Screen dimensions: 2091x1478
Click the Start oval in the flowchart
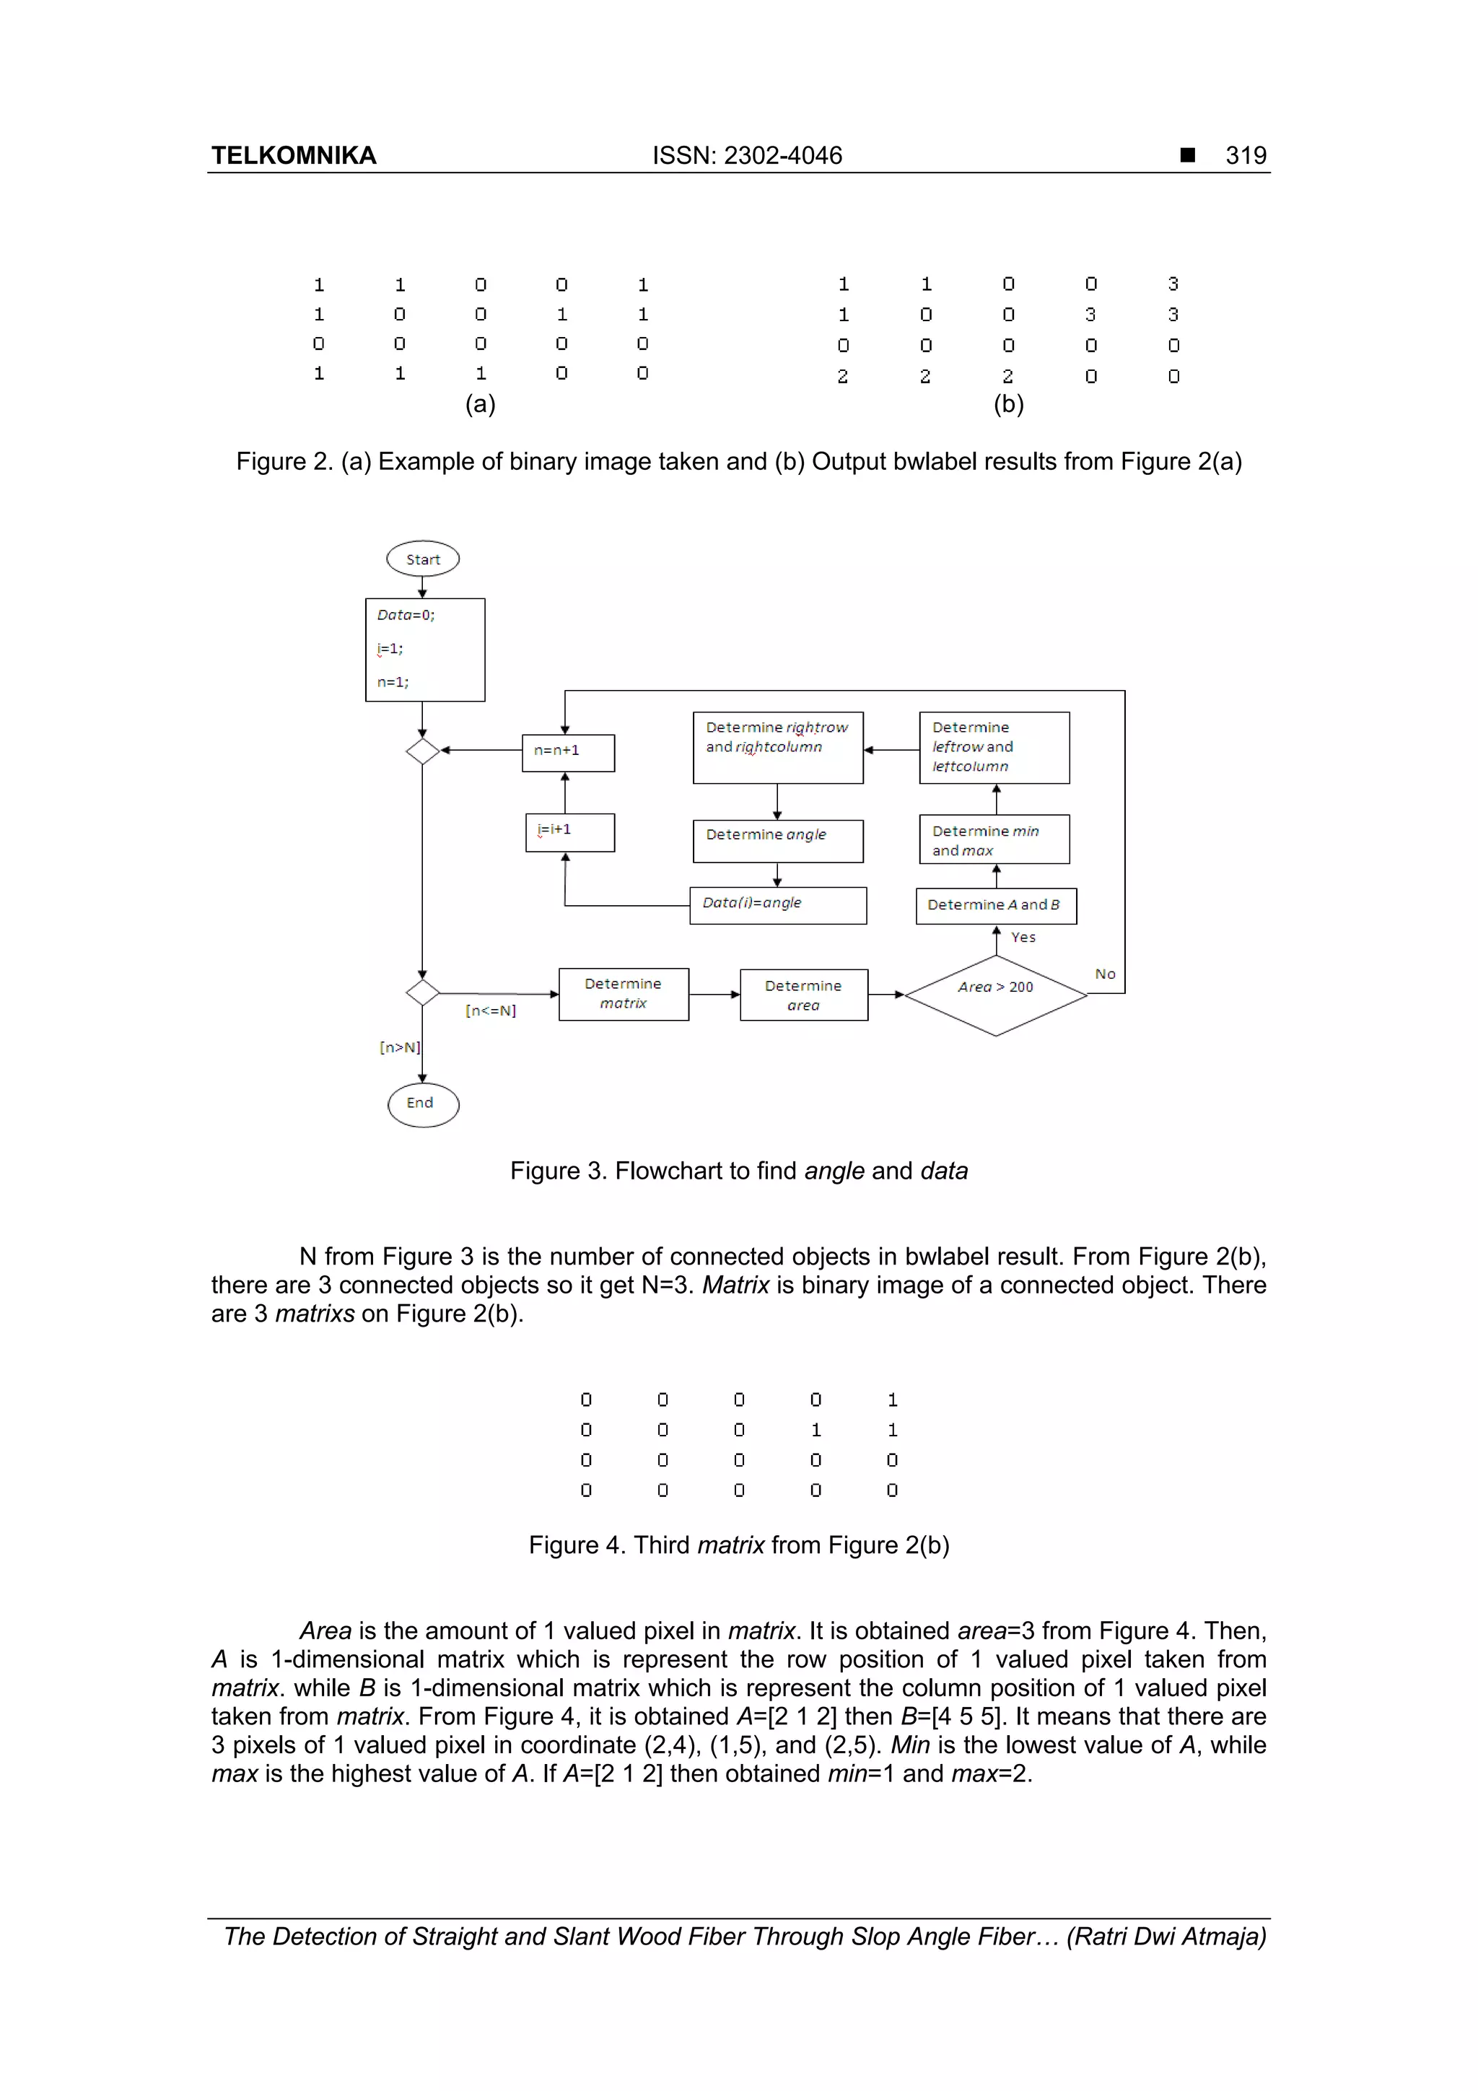click(423, 558)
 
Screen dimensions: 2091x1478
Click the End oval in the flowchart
click(423, 1104)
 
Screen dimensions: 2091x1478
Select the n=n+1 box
click(567, 751)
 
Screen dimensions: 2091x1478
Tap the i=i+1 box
click(569, 831)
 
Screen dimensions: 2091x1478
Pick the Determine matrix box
click(623, 994)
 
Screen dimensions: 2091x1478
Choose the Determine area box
click(803, 995)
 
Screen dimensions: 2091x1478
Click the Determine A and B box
click(995, 905)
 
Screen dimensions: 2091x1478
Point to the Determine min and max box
click(994, 839)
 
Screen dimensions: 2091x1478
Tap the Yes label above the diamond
click(1023, 937)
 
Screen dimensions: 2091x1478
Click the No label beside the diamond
click(1105, 974)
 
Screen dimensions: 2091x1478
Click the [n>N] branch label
click(399, 1047)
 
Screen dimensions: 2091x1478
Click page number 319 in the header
click(1245, 156)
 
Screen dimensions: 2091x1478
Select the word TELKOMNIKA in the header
click(293, 156)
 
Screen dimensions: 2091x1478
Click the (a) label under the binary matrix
click(480, 403)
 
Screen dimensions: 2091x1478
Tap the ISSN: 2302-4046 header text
click(747, 156)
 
